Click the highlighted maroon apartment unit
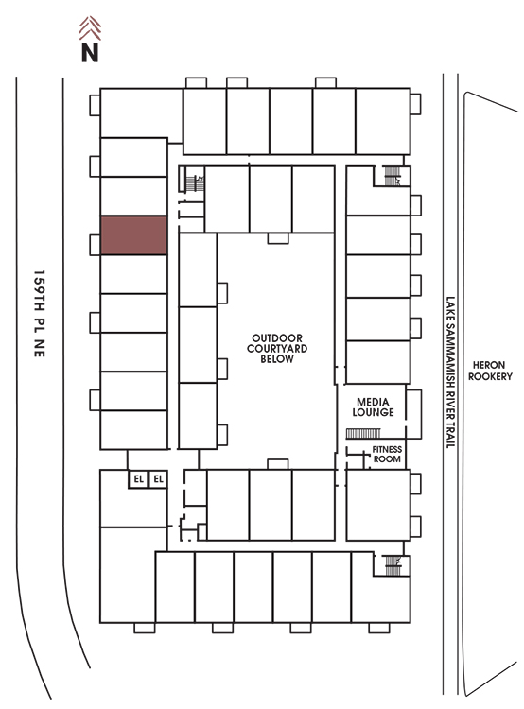pos(134,235)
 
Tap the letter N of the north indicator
pos(90,52)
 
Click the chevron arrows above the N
pos(90,28)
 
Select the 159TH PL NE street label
pos(40,314)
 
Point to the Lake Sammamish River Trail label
pos(450,372)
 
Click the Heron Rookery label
pos(490,371)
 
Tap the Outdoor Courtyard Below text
pos(277,348)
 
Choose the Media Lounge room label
pos(373,406)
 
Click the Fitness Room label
pos(387,454)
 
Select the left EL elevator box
pos(138,479)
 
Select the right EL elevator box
pos(158,479)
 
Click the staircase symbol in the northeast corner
pos(393,177)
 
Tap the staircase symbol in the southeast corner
pos(393,565)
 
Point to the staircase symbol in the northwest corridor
pos(195,182)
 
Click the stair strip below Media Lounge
pos(363,434)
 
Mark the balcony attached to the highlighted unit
pos(95,245)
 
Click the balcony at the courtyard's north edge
pos(278,238)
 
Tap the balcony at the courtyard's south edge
pos(278,464)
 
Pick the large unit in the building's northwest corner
pos(141,113)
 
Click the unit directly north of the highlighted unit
pos(134,196)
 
